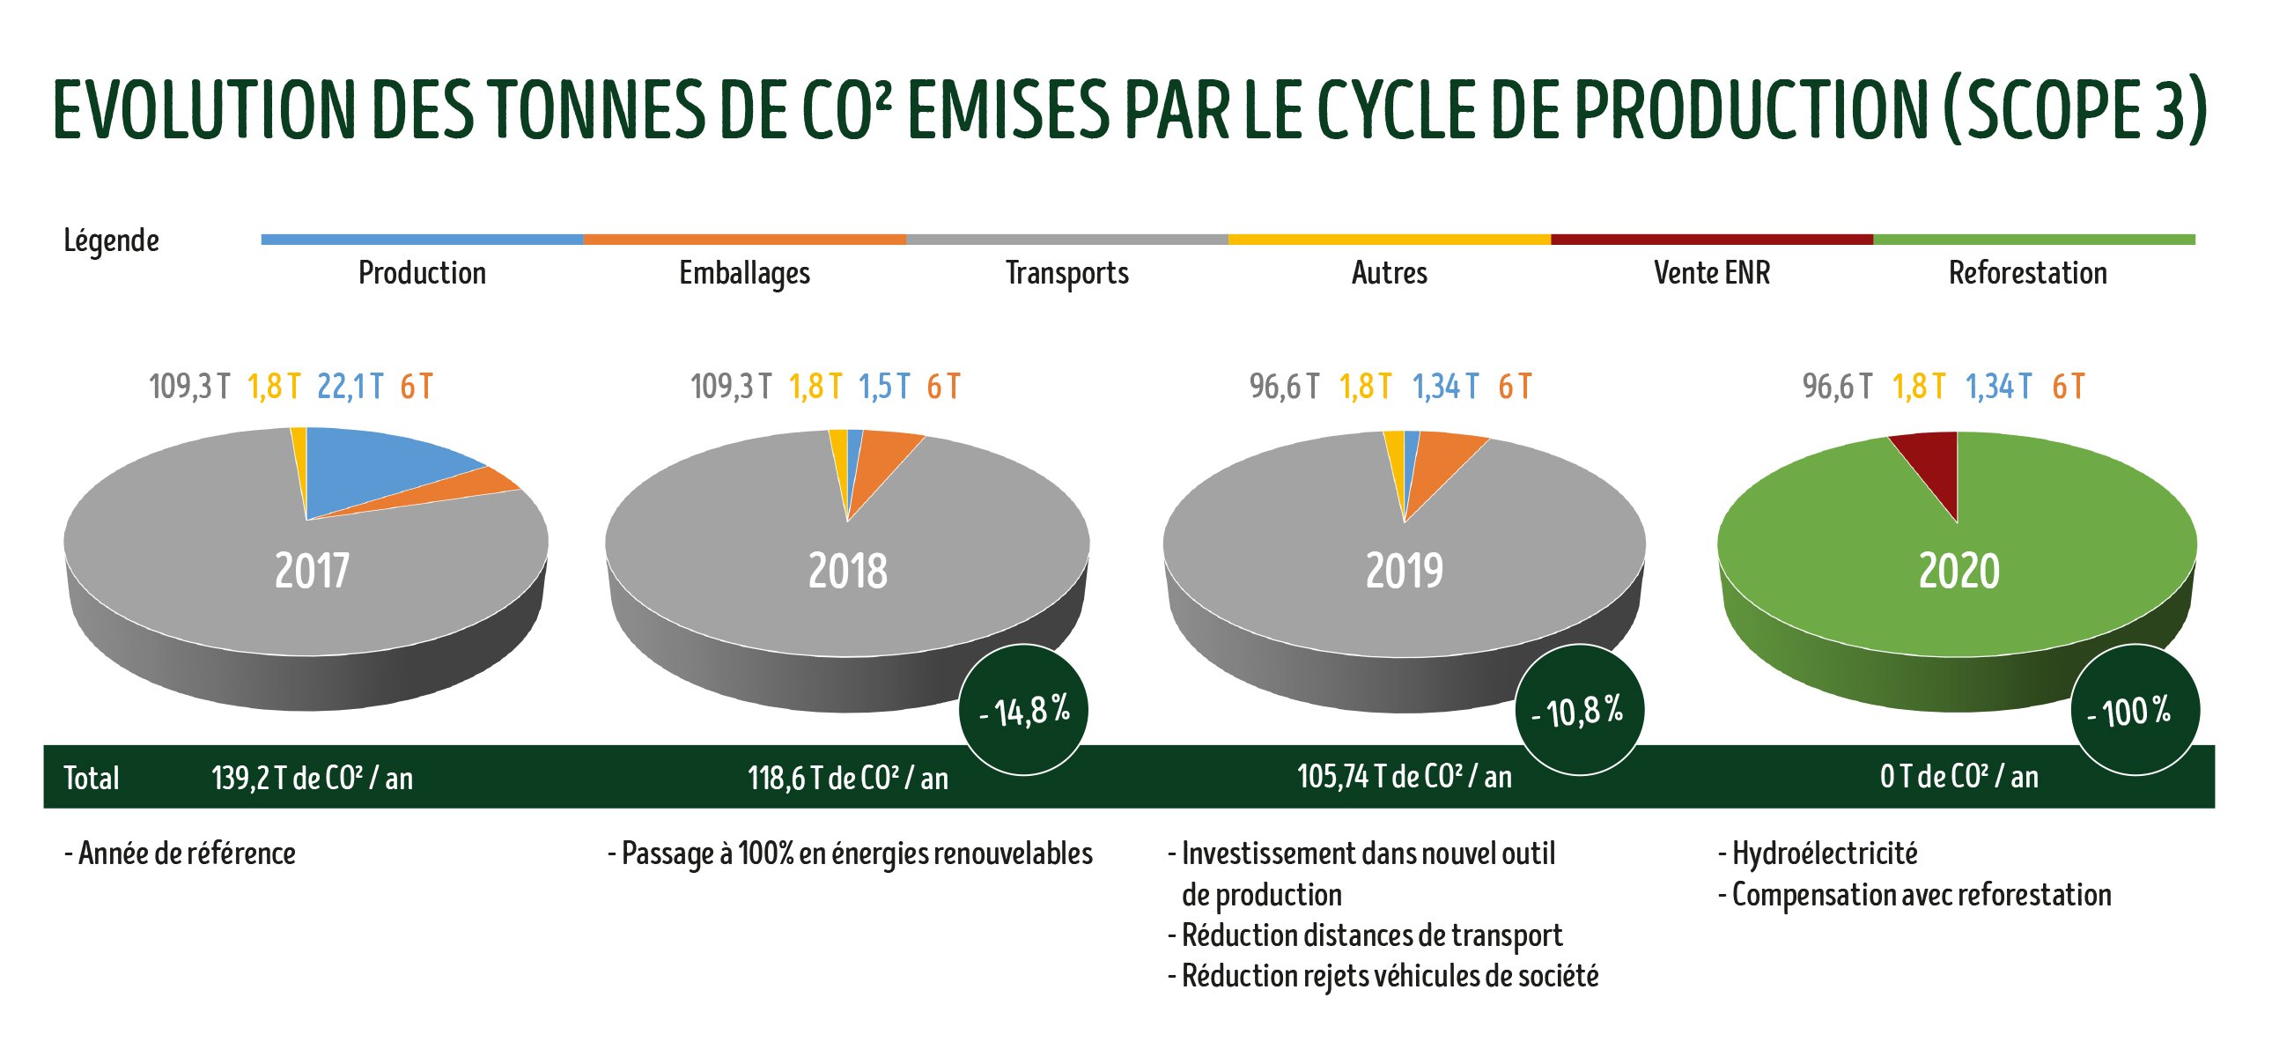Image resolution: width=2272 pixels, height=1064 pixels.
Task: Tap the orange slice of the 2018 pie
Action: tap(882, 459)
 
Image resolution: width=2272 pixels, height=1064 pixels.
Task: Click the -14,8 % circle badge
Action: tap(1023, 710)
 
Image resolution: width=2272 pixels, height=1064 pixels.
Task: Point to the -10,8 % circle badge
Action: tap(1580, 710)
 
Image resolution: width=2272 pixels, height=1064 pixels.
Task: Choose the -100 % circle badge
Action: tap(2135, 710)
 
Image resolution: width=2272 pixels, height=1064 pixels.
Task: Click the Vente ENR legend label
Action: tap(1711, 273)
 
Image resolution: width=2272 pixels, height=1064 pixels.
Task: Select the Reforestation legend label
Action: tap(2027, 273)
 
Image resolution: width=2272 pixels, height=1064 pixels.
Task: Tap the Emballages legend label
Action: tap(743, 274)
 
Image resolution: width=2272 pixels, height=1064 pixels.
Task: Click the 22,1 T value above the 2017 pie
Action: tap(350, 387)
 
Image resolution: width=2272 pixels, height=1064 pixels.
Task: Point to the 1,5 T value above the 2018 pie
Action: tap(884, 387)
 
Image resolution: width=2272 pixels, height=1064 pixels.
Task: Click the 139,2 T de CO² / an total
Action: tap(313, 777)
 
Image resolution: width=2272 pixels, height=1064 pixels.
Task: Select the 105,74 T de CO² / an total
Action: tap(1404, 776)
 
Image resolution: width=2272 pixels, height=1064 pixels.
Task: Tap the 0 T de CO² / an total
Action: tap(1958, 776)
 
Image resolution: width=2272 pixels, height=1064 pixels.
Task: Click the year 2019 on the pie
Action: tap(1404, 571)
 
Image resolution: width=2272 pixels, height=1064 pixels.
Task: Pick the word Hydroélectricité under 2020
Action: tap(1824, 853)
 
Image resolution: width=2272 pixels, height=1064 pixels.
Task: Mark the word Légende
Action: tap(111, 240)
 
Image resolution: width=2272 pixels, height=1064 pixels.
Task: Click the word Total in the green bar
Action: tap(92, 777)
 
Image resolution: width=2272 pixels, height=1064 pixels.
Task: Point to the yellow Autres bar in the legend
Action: tap(1389, 239)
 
